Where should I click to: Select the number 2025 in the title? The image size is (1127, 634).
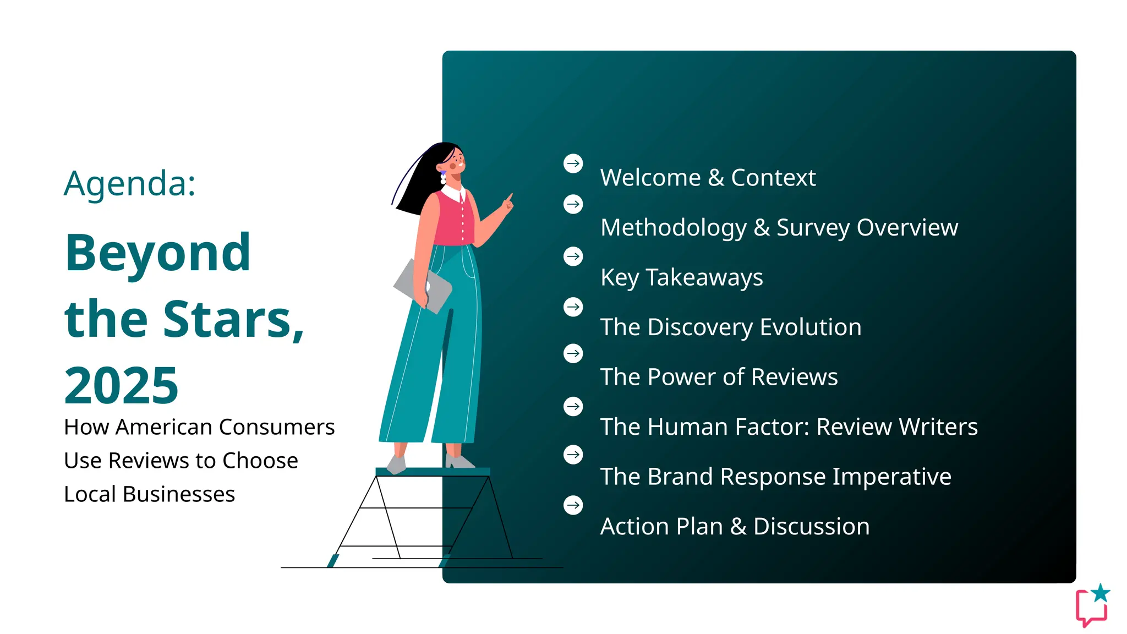(121, 386)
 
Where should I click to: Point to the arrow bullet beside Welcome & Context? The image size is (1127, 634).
(573, 163)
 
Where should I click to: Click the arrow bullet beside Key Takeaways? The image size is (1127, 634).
(573, 256)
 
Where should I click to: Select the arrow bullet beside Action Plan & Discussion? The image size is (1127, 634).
(573, 505)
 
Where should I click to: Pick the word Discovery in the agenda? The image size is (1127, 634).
(700, 327)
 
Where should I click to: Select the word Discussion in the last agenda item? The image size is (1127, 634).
(811, 527)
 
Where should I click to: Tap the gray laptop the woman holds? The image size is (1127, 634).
(421, 286)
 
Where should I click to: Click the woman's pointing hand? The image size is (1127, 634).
(507, 204)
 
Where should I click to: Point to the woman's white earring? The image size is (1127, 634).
(443, 178)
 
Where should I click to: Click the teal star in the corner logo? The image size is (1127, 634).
(1101, 593)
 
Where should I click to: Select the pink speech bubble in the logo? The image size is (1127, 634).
(1090, 610)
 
